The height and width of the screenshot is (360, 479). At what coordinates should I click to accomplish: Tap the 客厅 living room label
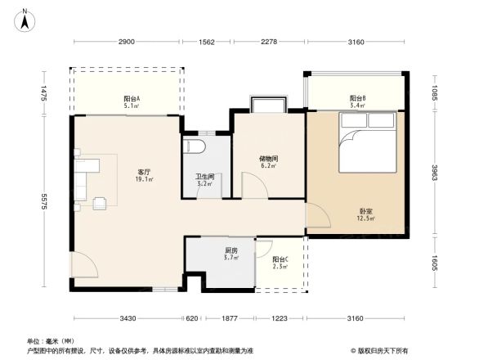[143, 172]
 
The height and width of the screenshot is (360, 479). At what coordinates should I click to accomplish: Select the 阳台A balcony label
[131, 99]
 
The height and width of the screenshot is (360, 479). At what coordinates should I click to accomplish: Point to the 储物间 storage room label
[268, 159]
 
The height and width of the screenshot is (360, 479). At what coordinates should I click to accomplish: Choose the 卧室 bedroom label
[365, 211]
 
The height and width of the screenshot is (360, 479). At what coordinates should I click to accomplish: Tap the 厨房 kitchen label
[231, 250]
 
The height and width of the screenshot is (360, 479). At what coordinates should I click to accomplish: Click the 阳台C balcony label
[280, 259]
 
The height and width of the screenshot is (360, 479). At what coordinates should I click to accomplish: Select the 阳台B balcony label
[357, 98]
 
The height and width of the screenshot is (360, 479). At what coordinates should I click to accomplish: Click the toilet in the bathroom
[195, 146]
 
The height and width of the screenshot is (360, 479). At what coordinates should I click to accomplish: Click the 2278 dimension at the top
[271, 42]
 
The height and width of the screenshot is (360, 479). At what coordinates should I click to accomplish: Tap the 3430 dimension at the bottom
[127, 318]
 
